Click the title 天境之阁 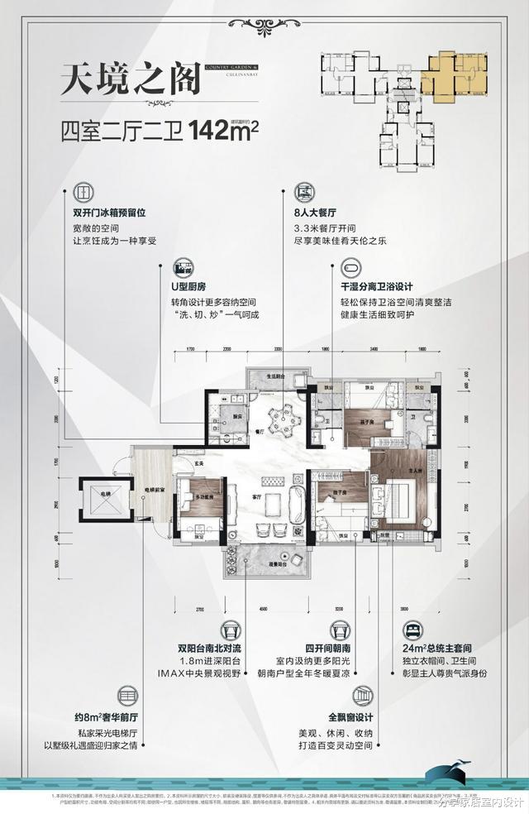[131, 80]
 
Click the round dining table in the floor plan [283, 411]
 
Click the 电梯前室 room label [150, 491]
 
